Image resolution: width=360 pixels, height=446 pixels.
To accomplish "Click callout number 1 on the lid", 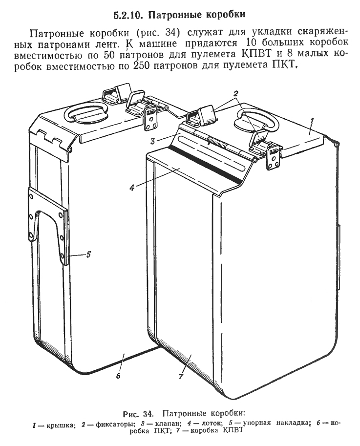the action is tap(312, 121).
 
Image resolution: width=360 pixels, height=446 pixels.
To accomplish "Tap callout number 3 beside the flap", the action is tap(153, 141).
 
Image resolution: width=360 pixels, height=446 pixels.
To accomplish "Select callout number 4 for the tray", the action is tap(132, 188).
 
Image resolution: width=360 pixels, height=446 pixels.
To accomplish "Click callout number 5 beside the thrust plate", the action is tap(89, 255).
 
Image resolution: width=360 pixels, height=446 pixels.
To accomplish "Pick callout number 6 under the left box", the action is tap(118, 376).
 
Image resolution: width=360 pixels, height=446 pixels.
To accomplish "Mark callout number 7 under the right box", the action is tap(181, 376).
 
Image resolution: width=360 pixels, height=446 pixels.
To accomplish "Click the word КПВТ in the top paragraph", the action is tap(254, 54).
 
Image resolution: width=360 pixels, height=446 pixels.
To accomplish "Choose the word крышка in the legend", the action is tap(60, 423).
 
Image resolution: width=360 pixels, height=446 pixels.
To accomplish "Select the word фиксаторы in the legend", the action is tap(115, 423).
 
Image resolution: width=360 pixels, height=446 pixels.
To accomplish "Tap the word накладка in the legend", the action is tap(292, 423).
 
